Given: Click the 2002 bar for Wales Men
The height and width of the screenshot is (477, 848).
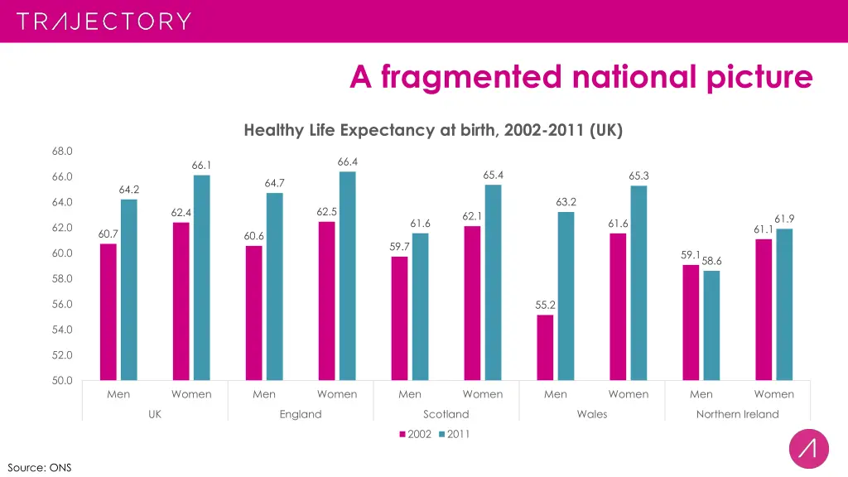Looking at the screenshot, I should point(545,347).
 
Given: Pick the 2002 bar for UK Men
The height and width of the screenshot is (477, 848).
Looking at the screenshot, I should point(108,311).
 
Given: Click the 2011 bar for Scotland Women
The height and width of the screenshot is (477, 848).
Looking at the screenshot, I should point(493,282).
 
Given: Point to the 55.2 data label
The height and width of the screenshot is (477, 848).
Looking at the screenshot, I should point(545,305).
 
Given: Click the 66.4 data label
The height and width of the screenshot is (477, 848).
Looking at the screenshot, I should point(348,161).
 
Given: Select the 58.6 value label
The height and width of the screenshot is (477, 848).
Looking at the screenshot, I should point(711,260).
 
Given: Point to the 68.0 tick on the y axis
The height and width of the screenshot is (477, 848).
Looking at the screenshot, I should point(63,151).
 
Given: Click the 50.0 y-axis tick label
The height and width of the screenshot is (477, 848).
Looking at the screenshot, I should point(63,380).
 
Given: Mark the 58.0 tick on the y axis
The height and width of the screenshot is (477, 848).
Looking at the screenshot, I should point(63,278).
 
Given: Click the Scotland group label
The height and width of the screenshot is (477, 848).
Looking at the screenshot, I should point(446,414).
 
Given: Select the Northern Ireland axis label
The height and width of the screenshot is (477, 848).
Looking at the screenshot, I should point(737,414).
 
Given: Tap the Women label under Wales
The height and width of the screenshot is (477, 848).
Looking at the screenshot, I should point(629,394).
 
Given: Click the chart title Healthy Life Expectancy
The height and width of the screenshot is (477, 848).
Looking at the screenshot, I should point(433,131).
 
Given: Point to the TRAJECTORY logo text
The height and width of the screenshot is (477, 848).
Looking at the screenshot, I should point(104,22).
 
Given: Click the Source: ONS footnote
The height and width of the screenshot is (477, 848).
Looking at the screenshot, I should point(40,467).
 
